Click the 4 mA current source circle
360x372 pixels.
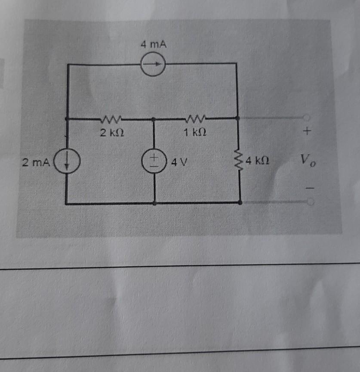point(154,65)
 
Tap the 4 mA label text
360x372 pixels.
point(153,44)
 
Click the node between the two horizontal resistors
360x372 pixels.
point(154,118)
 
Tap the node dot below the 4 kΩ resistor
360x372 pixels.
point(240,202)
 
